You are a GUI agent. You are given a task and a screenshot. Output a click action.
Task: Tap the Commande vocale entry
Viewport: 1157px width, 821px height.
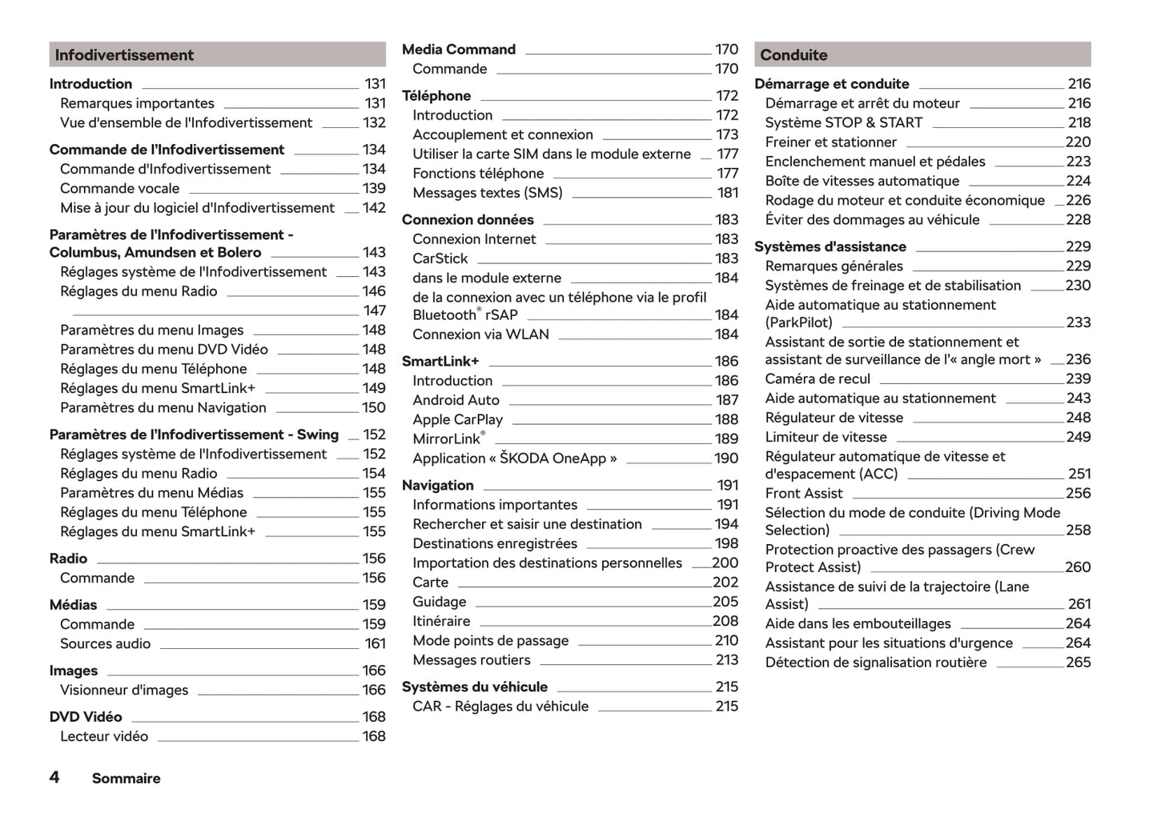[119, 189]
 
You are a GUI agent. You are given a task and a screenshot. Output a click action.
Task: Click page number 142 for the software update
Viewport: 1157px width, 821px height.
[374, 208]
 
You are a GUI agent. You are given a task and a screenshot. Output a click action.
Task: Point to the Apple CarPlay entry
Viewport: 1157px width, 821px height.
[457, 419]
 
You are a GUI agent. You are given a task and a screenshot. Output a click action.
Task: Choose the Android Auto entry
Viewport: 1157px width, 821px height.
[456, 400]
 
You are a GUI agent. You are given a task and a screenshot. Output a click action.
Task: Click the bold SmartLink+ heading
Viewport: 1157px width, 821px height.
[440, 362]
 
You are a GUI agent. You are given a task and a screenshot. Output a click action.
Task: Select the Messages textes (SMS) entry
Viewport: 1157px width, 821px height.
[487, 193]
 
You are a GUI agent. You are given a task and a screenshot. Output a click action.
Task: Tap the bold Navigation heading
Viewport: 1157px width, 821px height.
[437, 486]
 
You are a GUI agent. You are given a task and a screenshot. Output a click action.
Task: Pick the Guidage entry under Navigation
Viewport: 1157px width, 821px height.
[439, 602]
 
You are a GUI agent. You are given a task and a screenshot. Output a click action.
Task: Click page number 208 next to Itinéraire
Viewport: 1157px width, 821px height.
[725, 621]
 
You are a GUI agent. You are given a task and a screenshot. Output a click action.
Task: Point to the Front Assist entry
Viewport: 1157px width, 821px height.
[803, 494]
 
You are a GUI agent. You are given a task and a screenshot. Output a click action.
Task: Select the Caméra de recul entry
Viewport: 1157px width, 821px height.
[817, 379]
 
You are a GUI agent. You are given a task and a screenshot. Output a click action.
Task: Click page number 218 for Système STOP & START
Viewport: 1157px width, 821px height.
[1079, 123]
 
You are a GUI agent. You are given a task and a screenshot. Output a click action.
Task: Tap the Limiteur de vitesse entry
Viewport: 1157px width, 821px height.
[826, 438]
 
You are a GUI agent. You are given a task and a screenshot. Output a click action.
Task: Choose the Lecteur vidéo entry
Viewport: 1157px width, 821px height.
[104, 736]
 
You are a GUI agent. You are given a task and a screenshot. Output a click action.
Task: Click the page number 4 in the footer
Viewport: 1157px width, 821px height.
[54, 778]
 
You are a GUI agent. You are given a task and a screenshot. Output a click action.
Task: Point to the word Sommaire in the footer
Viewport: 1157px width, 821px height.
[126, 779]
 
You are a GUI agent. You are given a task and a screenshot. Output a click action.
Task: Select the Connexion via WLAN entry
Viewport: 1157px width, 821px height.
[480, 334]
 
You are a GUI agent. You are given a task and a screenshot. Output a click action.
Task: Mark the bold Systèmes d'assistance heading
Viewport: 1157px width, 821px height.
[830, 247]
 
